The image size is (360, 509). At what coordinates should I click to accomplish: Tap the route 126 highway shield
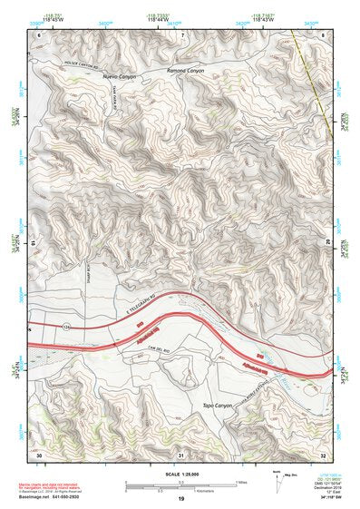[66, 322]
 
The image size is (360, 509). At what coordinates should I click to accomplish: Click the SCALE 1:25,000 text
[180, 472]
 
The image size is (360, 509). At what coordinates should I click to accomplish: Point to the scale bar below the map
[180, 484]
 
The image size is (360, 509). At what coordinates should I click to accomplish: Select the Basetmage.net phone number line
[55, 495]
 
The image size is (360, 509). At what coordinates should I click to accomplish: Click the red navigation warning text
[57, 484]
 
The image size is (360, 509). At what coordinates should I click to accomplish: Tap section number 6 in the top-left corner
[40, 34]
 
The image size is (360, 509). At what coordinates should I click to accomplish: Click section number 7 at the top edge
[181, 34]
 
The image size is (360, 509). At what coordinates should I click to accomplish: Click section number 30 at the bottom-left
[40, 453]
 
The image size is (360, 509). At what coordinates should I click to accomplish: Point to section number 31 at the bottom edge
[181, 453]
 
